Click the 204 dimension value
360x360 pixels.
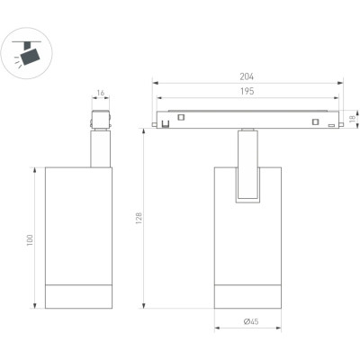pos(247,76)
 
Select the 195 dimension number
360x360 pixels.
pos(247,91)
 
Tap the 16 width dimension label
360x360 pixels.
pos(101,93)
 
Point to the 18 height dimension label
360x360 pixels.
pos(354,118)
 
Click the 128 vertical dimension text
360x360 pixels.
pos(139,219)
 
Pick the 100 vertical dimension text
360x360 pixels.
pos(30,240)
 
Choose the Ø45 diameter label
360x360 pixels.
pos(251,322)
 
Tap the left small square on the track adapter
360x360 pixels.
pos(181,117)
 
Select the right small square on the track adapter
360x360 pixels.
pos(315,121)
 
